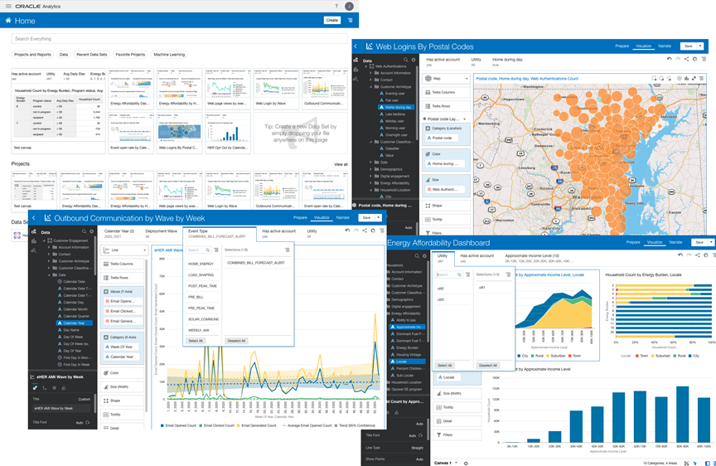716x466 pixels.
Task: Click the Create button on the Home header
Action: click(331, 20)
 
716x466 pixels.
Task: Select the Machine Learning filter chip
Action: click(169, 55)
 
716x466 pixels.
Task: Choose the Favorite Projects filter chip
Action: click(130, 55)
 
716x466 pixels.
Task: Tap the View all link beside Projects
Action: click(341, 164)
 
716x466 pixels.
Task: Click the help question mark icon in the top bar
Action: click(336, 6)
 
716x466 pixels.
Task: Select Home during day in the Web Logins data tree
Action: click(399, 108)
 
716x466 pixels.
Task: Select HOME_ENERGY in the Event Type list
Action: click(201, 264)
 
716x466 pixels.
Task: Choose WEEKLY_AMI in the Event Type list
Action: click(200, 329)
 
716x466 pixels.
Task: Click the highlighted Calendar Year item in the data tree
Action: click(74, 323)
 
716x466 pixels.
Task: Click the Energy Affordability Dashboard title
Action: click(438, 243)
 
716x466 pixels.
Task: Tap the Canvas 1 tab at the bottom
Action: click(443, 463)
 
